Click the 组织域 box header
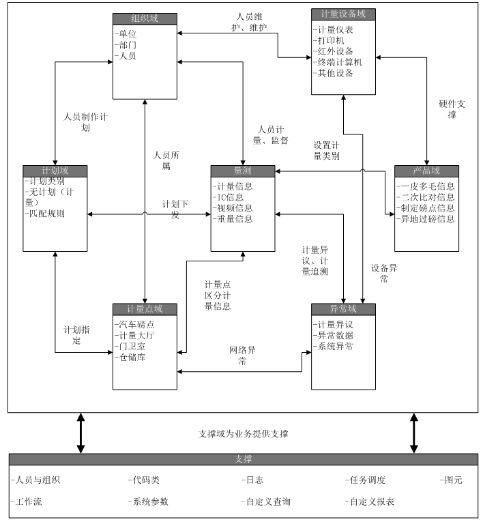(145, 18)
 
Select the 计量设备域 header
(342, 14)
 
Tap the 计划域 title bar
(55, 171)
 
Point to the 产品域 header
(426, 171)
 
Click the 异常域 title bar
(342, 309)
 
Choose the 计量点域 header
(145, 309)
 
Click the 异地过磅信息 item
(426, 219)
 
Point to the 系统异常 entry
(333, 346)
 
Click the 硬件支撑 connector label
(452, 110)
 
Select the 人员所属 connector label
(166, 160)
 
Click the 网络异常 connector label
(242, 356)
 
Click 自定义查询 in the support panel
(266, 502)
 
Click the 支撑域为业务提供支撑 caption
(243, 434)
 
